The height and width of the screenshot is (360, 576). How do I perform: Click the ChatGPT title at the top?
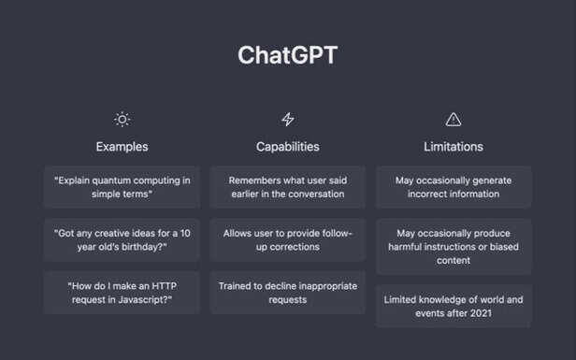[x=287, y=55]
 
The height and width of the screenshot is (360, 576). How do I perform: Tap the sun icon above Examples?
[x=122, y=119]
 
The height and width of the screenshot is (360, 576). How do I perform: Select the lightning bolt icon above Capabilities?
[x=287, y=119]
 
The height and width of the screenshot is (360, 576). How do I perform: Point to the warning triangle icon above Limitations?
[x=454, y=119]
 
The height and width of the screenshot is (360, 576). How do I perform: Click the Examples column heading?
[x=122, y=147]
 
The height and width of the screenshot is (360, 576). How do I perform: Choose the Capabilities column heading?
[x=287, y=147]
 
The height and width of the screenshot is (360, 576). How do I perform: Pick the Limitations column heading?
[x=454, y=147]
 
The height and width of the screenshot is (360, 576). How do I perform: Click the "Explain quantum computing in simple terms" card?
[x=122, y=187]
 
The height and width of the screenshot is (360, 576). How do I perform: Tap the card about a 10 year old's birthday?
[x=122, y=239]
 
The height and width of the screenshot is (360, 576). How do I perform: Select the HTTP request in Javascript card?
[x=122, y=293]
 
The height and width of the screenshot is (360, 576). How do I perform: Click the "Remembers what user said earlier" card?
[x=287, y=187]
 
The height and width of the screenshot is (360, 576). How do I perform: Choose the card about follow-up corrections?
[x=287, y=239]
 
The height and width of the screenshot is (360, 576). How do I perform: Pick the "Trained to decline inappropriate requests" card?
[x=287, y=293]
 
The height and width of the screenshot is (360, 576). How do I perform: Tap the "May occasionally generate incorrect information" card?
[x=454, y=187]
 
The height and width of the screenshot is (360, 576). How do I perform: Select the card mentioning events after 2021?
[x=454, y=307]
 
